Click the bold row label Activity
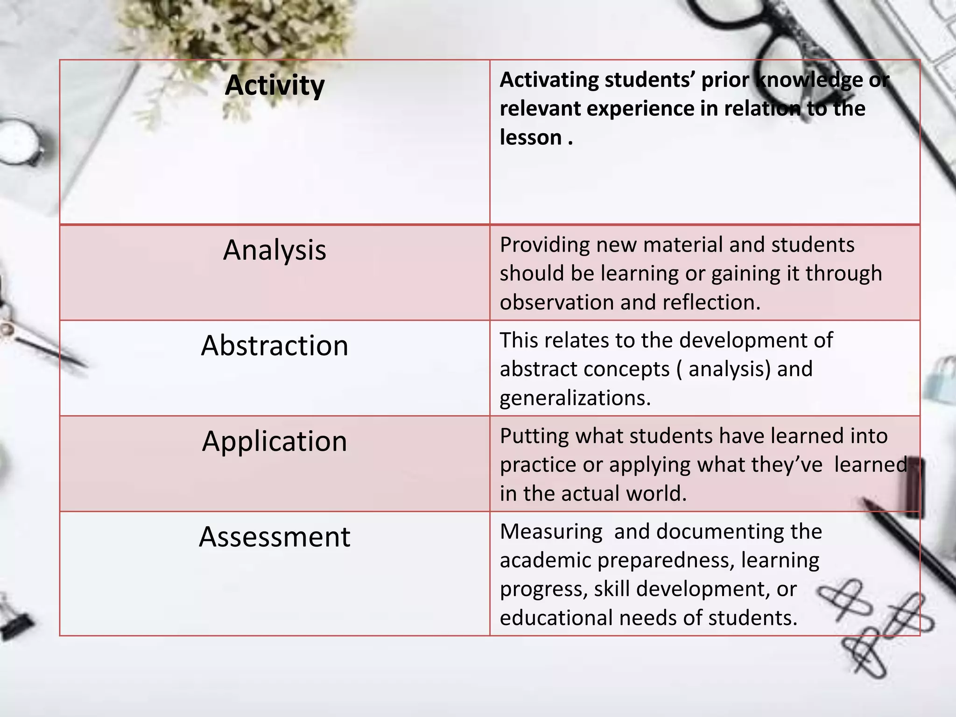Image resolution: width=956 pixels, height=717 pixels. point(274,85)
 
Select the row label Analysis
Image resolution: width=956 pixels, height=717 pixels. point(274,250)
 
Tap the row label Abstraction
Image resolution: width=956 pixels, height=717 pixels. point(274,345)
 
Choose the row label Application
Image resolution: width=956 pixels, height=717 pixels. point(274,441)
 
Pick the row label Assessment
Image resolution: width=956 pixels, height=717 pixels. point(274,537)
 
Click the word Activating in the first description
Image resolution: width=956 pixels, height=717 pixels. point(548,80)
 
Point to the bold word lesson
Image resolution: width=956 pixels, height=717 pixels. point(531,138)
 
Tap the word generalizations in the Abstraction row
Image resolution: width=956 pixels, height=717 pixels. point(575,398)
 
